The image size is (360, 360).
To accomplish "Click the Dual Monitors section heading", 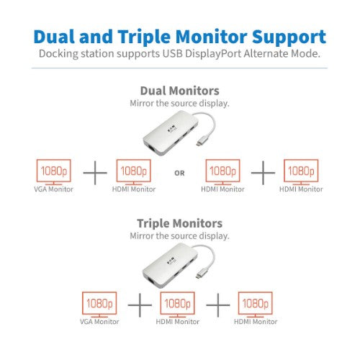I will (179, 91).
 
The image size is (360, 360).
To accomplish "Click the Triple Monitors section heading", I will (179, 223).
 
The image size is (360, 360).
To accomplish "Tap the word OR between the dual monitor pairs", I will (180, 171).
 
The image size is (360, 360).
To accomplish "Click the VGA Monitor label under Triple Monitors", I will (99, 320).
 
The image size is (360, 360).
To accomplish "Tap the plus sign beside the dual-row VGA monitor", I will (93, 172).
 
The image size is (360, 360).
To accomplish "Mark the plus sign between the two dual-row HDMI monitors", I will (263, 172).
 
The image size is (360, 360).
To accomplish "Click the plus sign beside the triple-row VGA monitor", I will (140, 305).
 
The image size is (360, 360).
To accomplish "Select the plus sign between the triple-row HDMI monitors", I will (218, 305).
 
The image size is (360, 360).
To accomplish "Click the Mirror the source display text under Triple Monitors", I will (179, 236).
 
